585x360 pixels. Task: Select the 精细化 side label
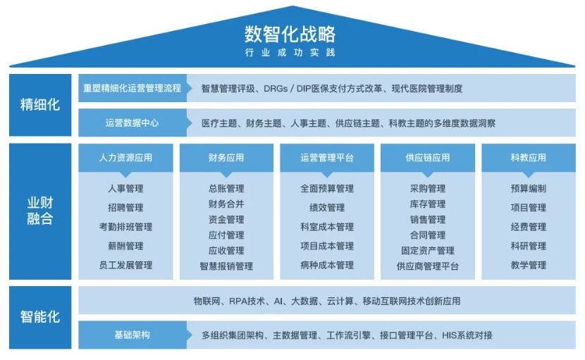(x=40, y=105)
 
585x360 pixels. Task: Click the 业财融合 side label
(x=40, y=211)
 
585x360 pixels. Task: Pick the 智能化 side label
(x=40, y=316)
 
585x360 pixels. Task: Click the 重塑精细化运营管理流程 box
(x=132, y=89)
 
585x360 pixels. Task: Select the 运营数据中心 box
(x=132, y=123)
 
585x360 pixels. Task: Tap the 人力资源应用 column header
(x=125, y=158)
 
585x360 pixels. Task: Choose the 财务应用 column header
(x=226, y=158)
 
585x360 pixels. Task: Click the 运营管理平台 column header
(x=327, y=158)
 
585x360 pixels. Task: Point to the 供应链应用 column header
(x=427, y=158)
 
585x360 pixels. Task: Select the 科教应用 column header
(x=528, y=158)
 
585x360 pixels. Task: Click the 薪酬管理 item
(x=125, y=246)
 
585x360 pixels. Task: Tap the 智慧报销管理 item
(x=226, y=266)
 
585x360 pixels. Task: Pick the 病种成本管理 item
(x=327, y=266)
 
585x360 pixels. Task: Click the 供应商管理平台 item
(x=427, y=266)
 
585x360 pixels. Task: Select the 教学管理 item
(x=528, y=266)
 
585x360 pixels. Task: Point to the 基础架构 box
(x=132, y=335)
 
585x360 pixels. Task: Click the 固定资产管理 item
(x=427, y=251)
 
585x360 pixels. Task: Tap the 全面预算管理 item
(x=327, y=189)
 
